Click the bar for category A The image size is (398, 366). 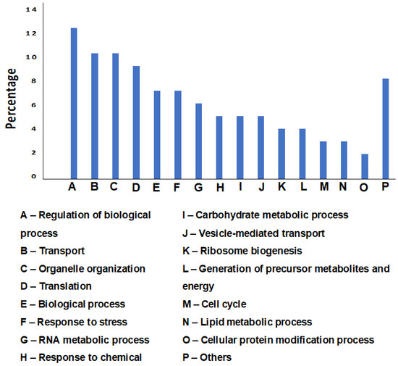[x=74, y=104]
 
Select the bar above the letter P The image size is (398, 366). [x=386, y=129]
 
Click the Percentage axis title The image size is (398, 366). [x=12, y=98]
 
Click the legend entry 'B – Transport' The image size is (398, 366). [x=53, y=251]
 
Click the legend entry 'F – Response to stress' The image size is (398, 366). [x=74, y=322]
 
